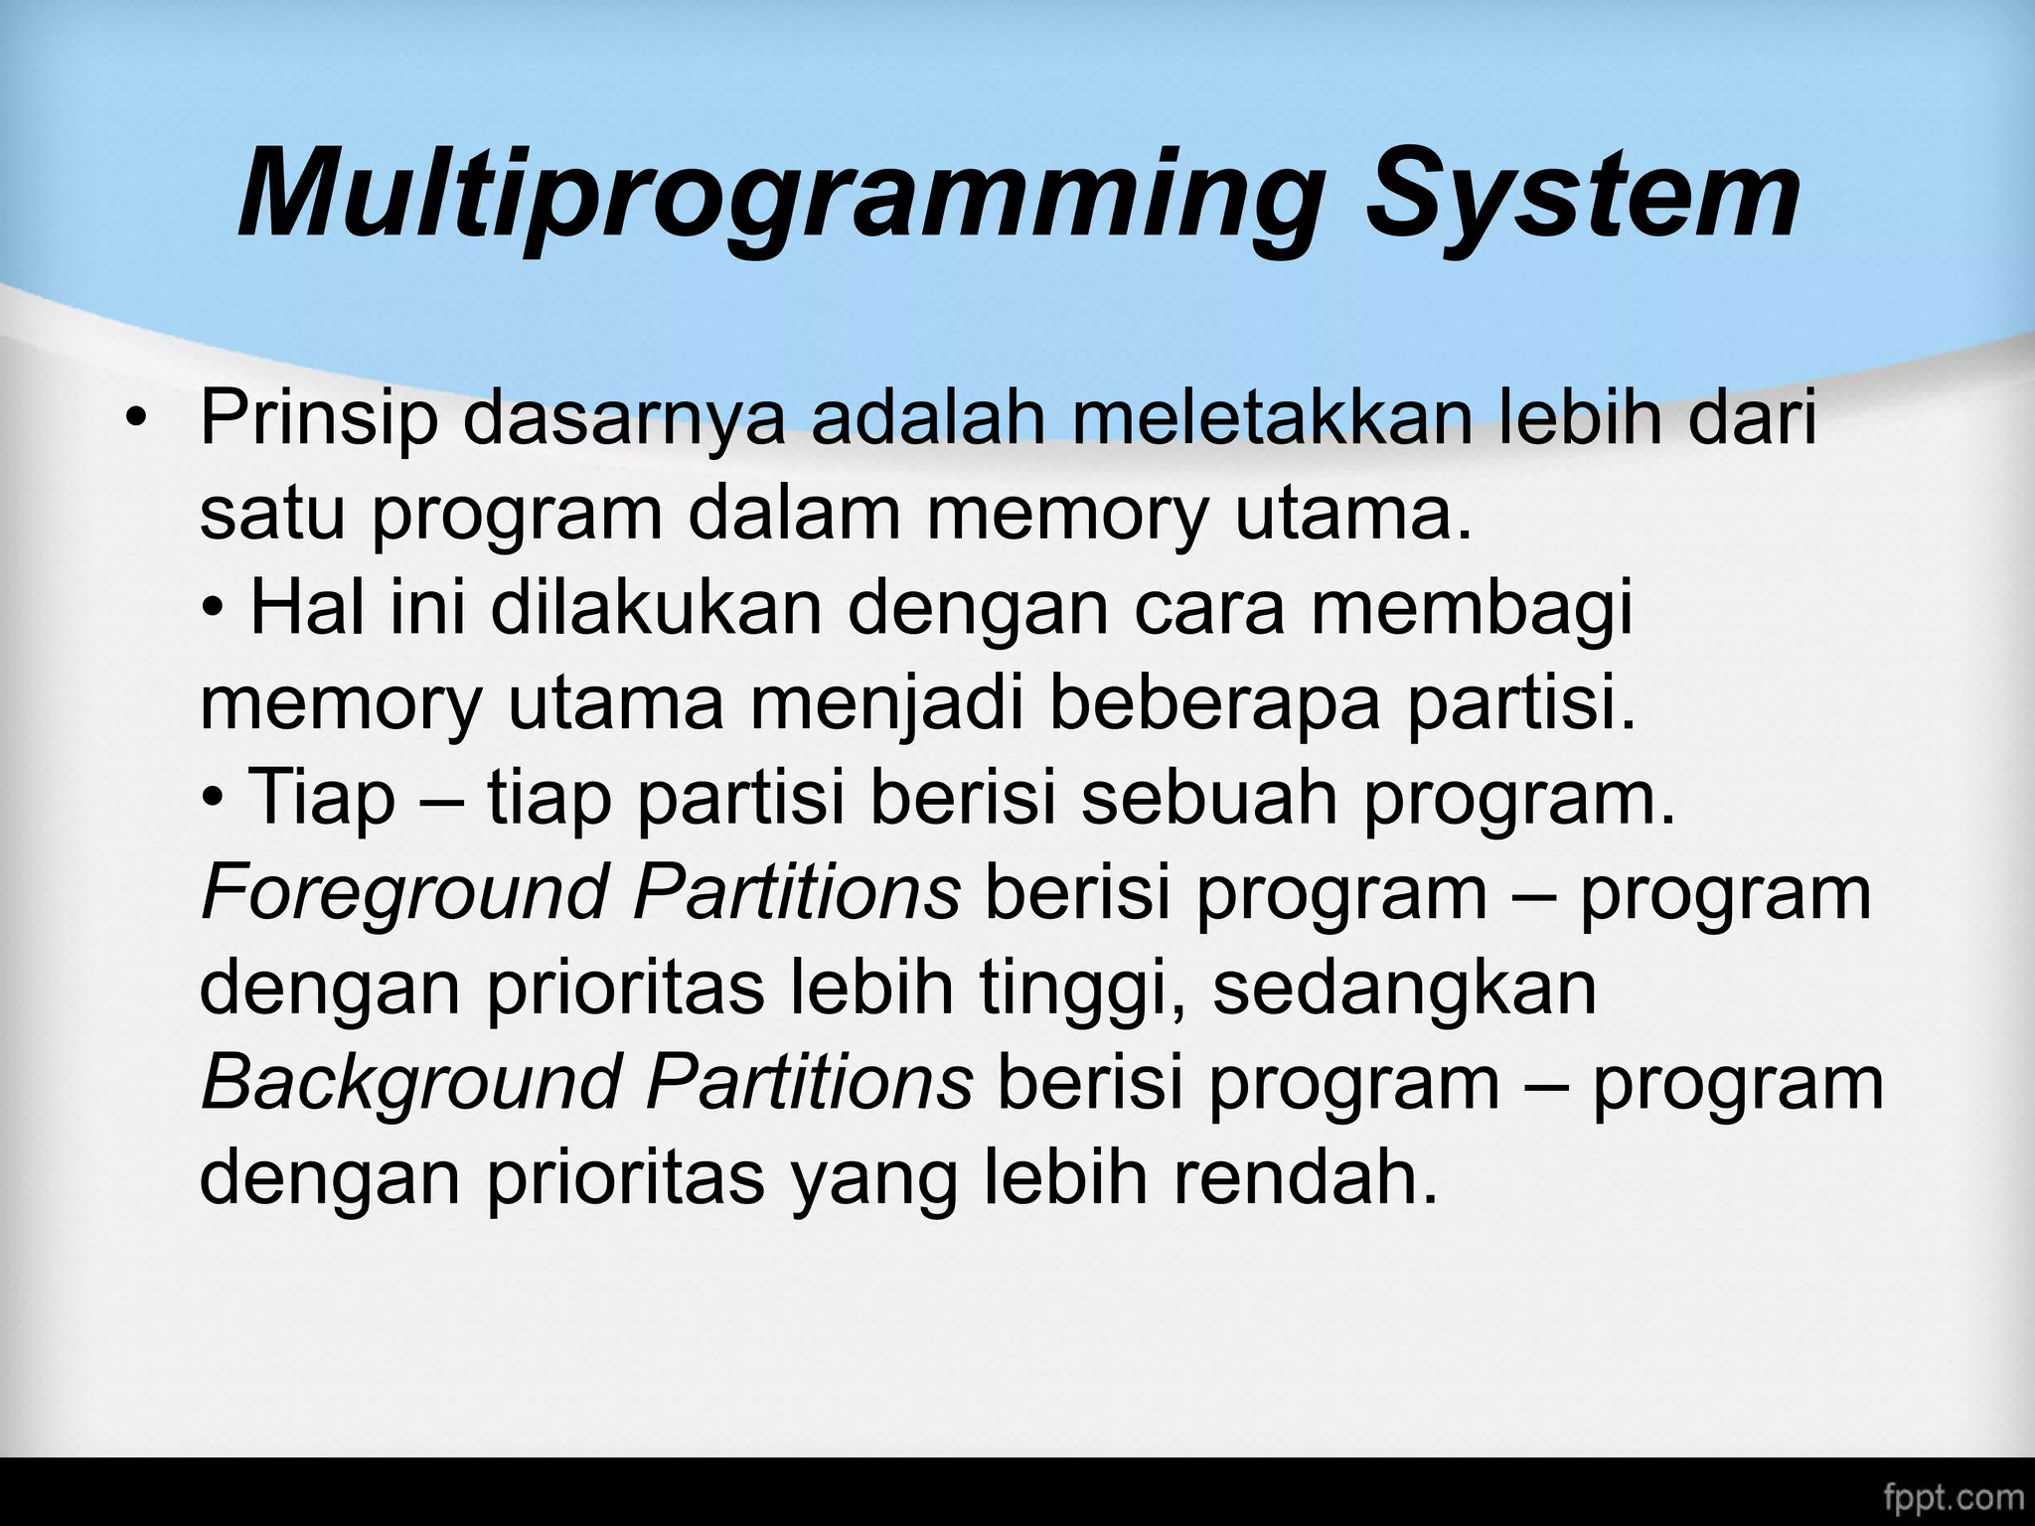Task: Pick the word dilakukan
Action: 656,608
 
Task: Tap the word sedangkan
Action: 1404,988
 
